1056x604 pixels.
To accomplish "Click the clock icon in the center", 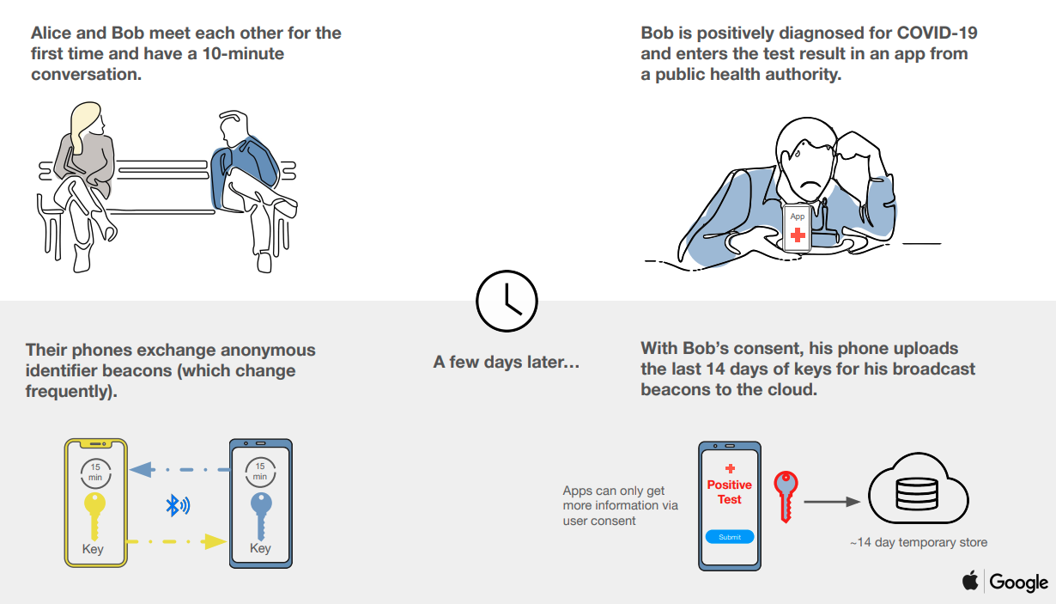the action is click(x=507, y=301).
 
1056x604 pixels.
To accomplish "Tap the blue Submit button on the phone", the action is click(x=730, y=537).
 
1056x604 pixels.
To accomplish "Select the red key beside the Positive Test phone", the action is click(x=786, y=497).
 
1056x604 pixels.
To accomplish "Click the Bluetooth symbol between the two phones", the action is click(x=178, y=505).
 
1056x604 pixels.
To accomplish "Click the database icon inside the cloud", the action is click(x=916, y=493).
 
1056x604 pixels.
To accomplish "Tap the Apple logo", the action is click(x=970, y=581).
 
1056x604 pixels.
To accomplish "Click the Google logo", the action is click(x=1019, y=583).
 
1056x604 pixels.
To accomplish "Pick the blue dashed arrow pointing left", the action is click(x=179, y=469).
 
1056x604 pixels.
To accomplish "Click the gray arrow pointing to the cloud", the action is click(x=832, y=502).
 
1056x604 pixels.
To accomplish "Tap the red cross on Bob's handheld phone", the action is click(x=798, y=235).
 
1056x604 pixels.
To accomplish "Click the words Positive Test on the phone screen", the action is click(x=730, y=491).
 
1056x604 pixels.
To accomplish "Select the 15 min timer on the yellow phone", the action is click(x=95, y=473).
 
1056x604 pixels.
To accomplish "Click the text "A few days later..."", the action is click(x=507, y=362).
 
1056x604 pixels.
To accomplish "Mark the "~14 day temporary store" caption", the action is click(x=919, y=542).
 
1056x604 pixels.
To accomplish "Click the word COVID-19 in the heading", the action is click(x=937, y=33).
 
